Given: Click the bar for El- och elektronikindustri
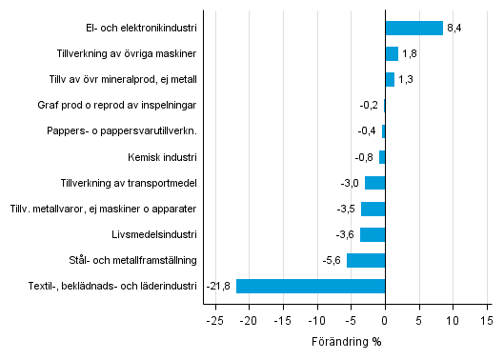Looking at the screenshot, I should pos(413,28).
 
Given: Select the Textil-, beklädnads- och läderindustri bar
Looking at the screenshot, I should pos(311,286).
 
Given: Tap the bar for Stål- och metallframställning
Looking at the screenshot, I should pos(366,260).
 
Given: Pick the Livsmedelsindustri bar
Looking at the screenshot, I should pos(373,234).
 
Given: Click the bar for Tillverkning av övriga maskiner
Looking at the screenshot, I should pos(392,53).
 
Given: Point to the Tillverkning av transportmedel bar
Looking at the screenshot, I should pos(374,183).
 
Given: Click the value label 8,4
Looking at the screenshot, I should pos(454,28).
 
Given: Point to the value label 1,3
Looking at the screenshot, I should pos(406,79).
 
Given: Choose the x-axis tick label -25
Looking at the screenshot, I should pos(215,321).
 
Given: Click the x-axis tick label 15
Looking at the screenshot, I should pos(487,321).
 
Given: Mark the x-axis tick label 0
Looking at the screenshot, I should pos(385,321).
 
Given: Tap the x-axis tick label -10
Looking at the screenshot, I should pos(317,321).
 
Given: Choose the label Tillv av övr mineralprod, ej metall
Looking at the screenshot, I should pos(122,79).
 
